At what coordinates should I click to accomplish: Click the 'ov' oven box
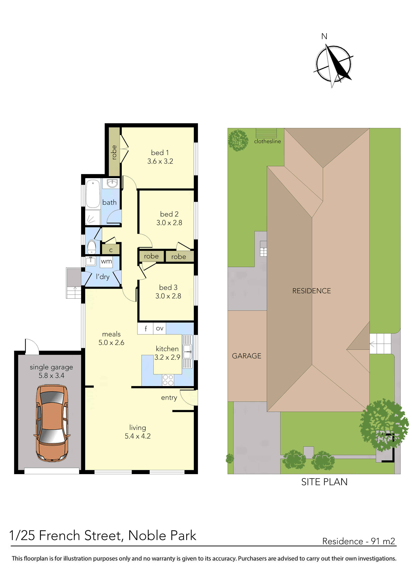pos(159,328)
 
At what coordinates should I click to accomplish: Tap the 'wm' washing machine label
pos(106,261)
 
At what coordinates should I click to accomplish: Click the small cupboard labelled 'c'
pos(111,250)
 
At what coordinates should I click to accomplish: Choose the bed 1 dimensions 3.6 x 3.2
pos(160,161)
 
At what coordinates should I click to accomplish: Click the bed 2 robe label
pos(178,256)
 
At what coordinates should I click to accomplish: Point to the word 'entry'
pos(169,398)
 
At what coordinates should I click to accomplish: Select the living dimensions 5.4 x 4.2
pos(138,436)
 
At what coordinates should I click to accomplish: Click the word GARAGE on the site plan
pos(247,356)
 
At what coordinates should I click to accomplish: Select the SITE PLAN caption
pos(324,482)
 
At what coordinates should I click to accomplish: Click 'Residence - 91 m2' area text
pos(359,541)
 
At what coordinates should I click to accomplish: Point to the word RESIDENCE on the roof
pos(311,291)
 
